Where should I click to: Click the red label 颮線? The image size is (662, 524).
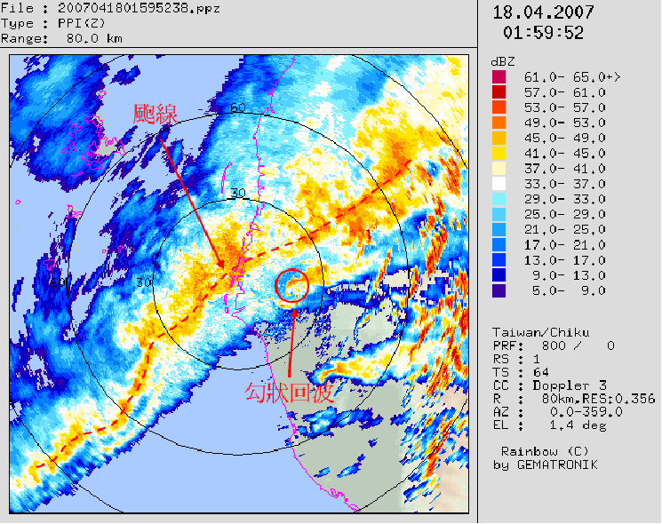point(156,114)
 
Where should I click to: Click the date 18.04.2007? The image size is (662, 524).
point(543,12)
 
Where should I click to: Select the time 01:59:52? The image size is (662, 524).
point(543,33)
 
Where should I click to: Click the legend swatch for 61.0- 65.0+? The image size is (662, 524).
point(498,77)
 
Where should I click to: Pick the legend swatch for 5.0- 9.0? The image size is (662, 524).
point(498,290)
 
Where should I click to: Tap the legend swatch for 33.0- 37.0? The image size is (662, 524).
point(498,183)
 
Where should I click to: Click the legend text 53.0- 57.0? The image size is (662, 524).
point(564,107)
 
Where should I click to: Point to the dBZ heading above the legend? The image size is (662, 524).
point(504,61)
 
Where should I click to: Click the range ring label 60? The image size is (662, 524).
point(237,108)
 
